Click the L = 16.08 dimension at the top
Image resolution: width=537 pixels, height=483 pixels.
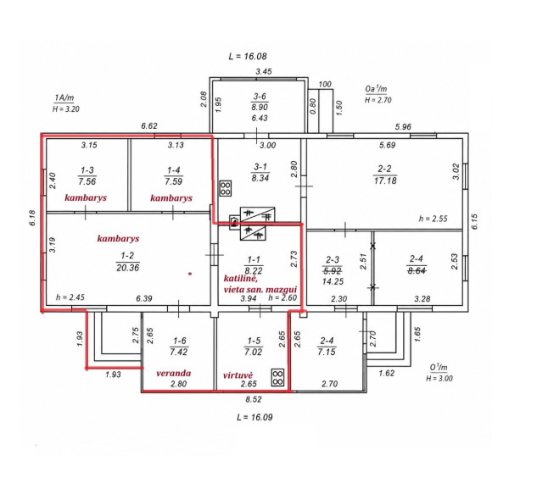247,56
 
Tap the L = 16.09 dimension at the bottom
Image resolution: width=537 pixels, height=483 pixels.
255,417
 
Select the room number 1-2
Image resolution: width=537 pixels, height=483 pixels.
127,256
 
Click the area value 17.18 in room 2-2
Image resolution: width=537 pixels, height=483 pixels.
385,180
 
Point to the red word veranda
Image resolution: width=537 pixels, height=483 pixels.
173,373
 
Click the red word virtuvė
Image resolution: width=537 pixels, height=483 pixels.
238,375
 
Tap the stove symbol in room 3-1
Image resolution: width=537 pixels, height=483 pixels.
226,188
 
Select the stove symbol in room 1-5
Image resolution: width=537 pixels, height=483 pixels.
277,377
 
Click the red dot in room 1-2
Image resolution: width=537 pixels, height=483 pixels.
190,274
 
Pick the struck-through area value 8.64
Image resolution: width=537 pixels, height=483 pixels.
417,270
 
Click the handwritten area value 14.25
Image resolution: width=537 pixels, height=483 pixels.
333,281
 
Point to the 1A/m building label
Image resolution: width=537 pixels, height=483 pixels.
64,97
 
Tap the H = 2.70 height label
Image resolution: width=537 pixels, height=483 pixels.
378,100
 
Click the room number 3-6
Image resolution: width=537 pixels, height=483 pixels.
260,97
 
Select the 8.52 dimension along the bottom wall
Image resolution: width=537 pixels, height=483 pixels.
254,399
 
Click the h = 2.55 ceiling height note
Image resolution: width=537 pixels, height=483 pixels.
434,219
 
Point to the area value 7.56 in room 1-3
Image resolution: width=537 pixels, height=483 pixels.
87,181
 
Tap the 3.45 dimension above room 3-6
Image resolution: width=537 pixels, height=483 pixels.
264,71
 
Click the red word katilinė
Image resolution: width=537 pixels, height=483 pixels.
240,279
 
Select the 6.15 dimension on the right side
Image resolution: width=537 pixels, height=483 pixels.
474,222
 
